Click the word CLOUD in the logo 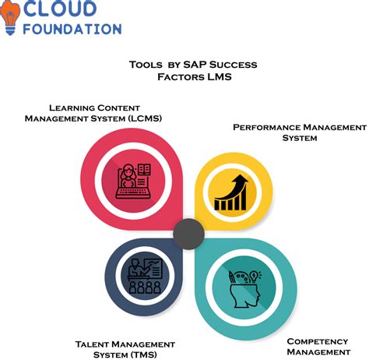(60, 8)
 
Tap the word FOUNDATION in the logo (72, 29)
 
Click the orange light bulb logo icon (10, 17)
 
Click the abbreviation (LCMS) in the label (145, 118)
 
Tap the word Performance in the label (266, 127)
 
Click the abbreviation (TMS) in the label (143, 355)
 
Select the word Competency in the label (318, 341)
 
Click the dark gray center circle (188, 234)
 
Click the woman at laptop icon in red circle (133, 182)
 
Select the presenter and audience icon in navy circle (146, 276)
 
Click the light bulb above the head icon (255, 276)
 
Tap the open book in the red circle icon (144, 169)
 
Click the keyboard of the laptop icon (133, 193)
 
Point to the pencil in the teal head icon (232, 278)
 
